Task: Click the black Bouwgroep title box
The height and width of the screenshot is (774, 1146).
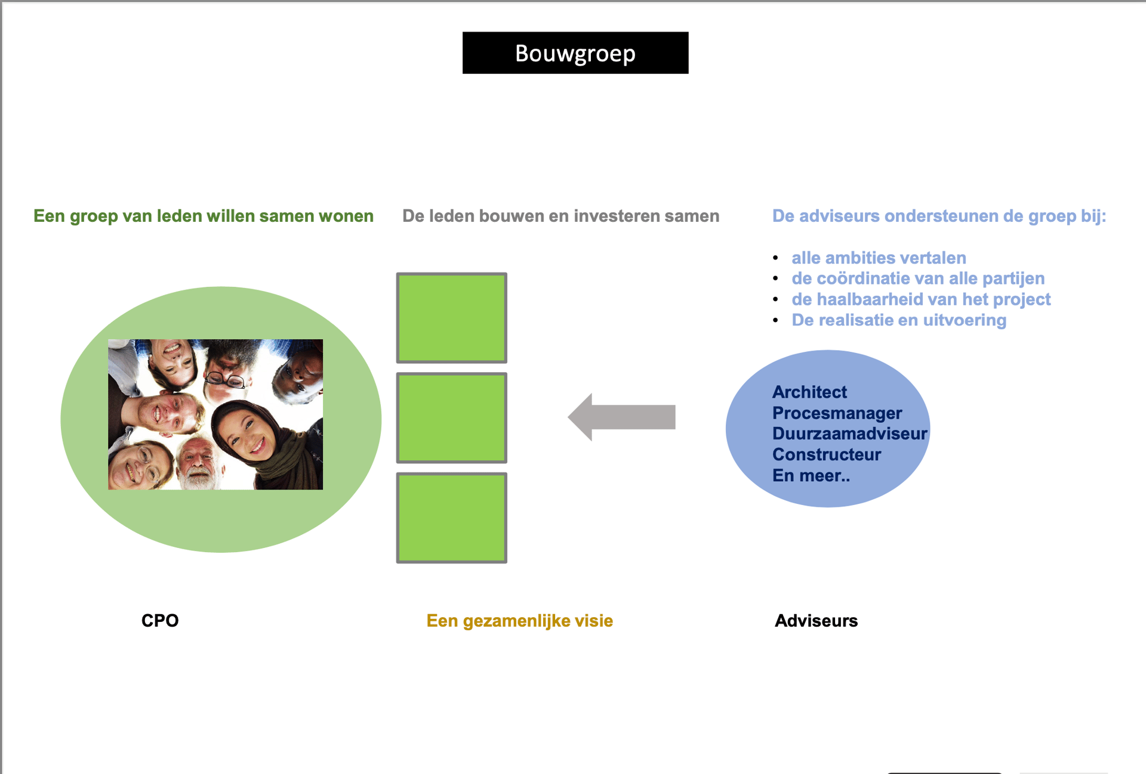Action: click(x=575, y=53)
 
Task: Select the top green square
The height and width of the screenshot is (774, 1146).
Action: click(x=451, y=318)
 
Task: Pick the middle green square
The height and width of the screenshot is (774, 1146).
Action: click(x=451, y=417)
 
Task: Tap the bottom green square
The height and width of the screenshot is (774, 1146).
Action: click(x=451, y=518)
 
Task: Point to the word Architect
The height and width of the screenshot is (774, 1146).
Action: click(x=809, y=392)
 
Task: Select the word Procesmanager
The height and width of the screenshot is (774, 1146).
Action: click(x=836, y=413)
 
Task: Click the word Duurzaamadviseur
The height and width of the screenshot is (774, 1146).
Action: click(x=849, y=434)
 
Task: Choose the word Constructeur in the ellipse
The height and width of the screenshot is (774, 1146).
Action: click(x=826, y=454)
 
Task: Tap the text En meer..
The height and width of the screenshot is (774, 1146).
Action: click(x=811, y=476)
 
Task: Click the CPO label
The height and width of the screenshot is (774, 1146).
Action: click(x=159, y=620)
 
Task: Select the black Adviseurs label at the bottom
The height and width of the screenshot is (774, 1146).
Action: click(x=815, y=621)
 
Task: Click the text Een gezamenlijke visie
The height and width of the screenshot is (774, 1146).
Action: click(x=519, y=621)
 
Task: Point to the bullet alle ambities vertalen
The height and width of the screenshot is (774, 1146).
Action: click(x=878, y=258)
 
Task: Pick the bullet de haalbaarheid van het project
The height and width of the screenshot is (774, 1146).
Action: click(x=920, y=299)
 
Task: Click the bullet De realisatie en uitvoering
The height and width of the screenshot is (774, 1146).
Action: click(x=898, y=320)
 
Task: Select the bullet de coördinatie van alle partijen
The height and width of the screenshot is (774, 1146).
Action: click(x=917, y=278)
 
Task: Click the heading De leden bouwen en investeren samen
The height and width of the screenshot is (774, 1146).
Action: click(x=560, y=216)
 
